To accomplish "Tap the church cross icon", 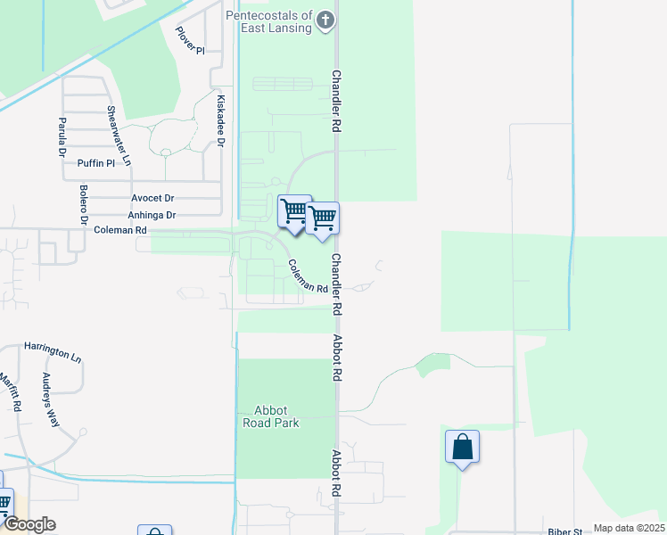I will pyautogui.click(x=326, y=19).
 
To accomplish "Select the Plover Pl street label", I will pyautogui.click(x=190, y=41).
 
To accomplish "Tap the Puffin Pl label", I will pyautogui.click(x=96, y=163).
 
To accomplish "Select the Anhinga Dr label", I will pyautogui.click(x=152, y=215).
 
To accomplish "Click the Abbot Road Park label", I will pyautogui.click(x=270, y=416).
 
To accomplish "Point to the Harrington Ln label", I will pyautogui.click(x=53, y=351).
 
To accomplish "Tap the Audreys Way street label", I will pyautogui.click(x=49, y=399).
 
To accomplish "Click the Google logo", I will pyautogui.click(x=29, y=524).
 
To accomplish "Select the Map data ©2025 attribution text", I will pyautogui.click(x=629, y=528).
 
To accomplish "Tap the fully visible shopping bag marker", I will pyautogui.click(x=463, y=446).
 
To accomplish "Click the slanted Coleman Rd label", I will pyautogui.click(x=308, y=276).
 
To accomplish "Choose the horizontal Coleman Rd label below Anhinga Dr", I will pyautogui.click(x=119, y=230).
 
